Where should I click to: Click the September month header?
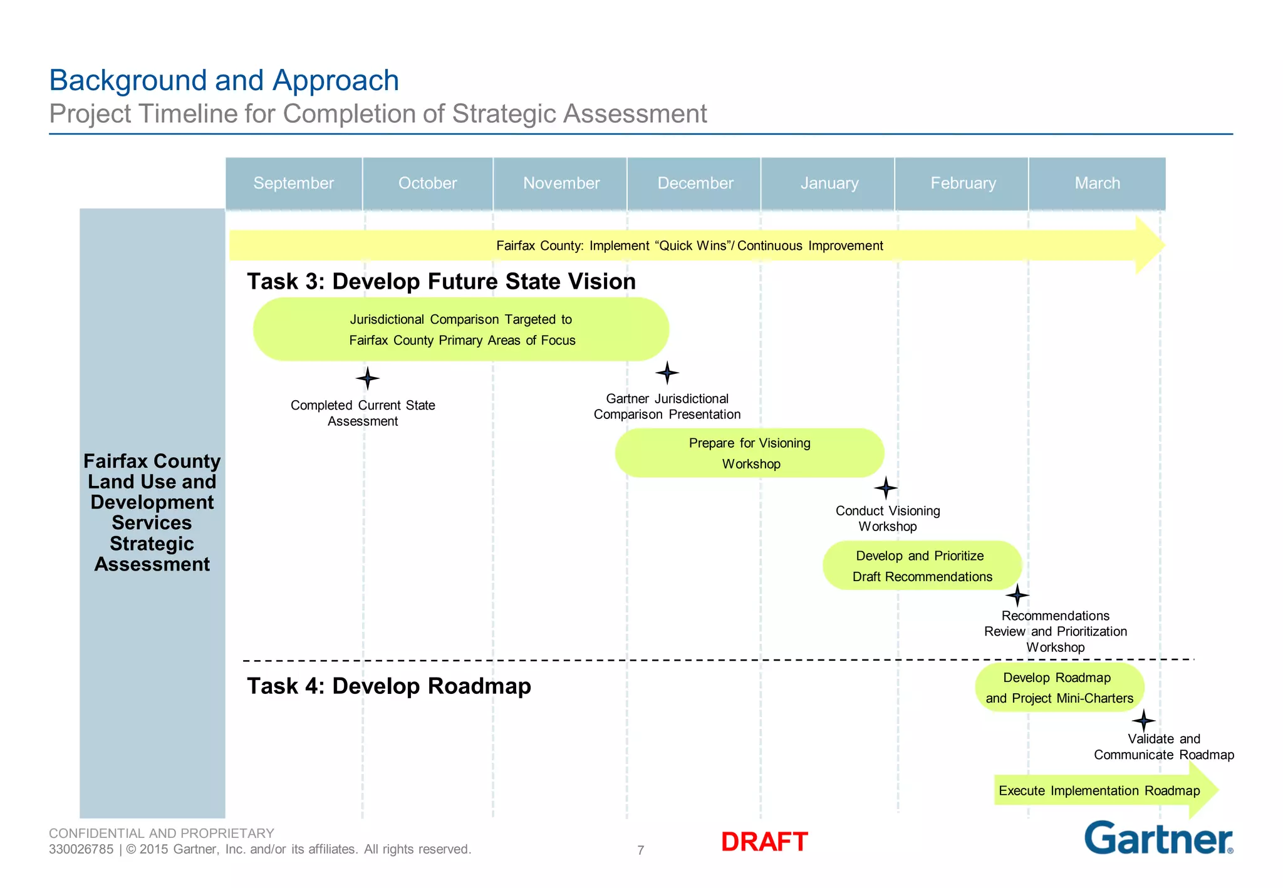point(293,183)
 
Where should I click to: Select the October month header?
point(427,183)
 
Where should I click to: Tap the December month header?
point(695,183)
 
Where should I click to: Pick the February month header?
point(962,183)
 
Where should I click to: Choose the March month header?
point(1097,183)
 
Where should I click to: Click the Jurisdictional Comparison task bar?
point(461,329)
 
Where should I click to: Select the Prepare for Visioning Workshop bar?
point(749,453)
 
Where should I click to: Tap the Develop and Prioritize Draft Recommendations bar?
point(922,565)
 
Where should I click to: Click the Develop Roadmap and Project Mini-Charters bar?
point(1059,688)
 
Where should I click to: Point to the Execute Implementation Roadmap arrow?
point(1099,790)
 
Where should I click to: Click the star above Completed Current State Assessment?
point(368,378)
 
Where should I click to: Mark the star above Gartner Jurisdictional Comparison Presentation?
point(667,373)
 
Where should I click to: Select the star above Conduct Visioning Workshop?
point(886,487)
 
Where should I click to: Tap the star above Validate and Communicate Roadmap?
point(1144,720)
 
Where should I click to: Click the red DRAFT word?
point(764,842)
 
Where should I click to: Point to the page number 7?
point(641,850)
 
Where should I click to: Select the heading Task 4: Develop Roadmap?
point(388,686)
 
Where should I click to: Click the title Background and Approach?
point(224,80)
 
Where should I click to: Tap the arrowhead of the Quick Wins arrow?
point(1150,245)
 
